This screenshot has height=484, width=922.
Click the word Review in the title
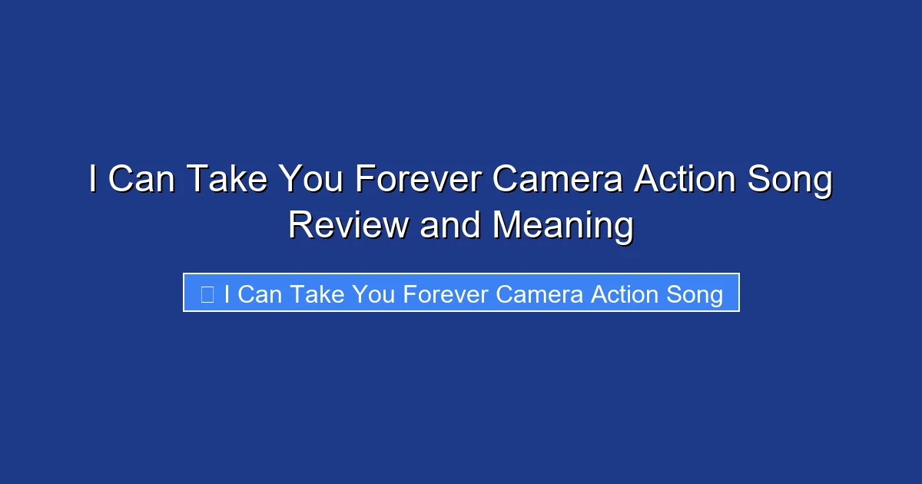point(348,226)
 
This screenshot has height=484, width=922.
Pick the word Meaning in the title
point(563,226)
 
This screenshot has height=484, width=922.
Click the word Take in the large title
point(228,181)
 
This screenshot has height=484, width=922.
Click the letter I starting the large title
point(93,181)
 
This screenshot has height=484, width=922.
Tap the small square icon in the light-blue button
point(207,294)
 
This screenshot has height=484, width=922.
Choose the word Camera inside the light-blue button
point(540,294)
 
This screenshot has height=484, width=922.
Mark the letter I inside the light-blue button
point(227,294)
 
